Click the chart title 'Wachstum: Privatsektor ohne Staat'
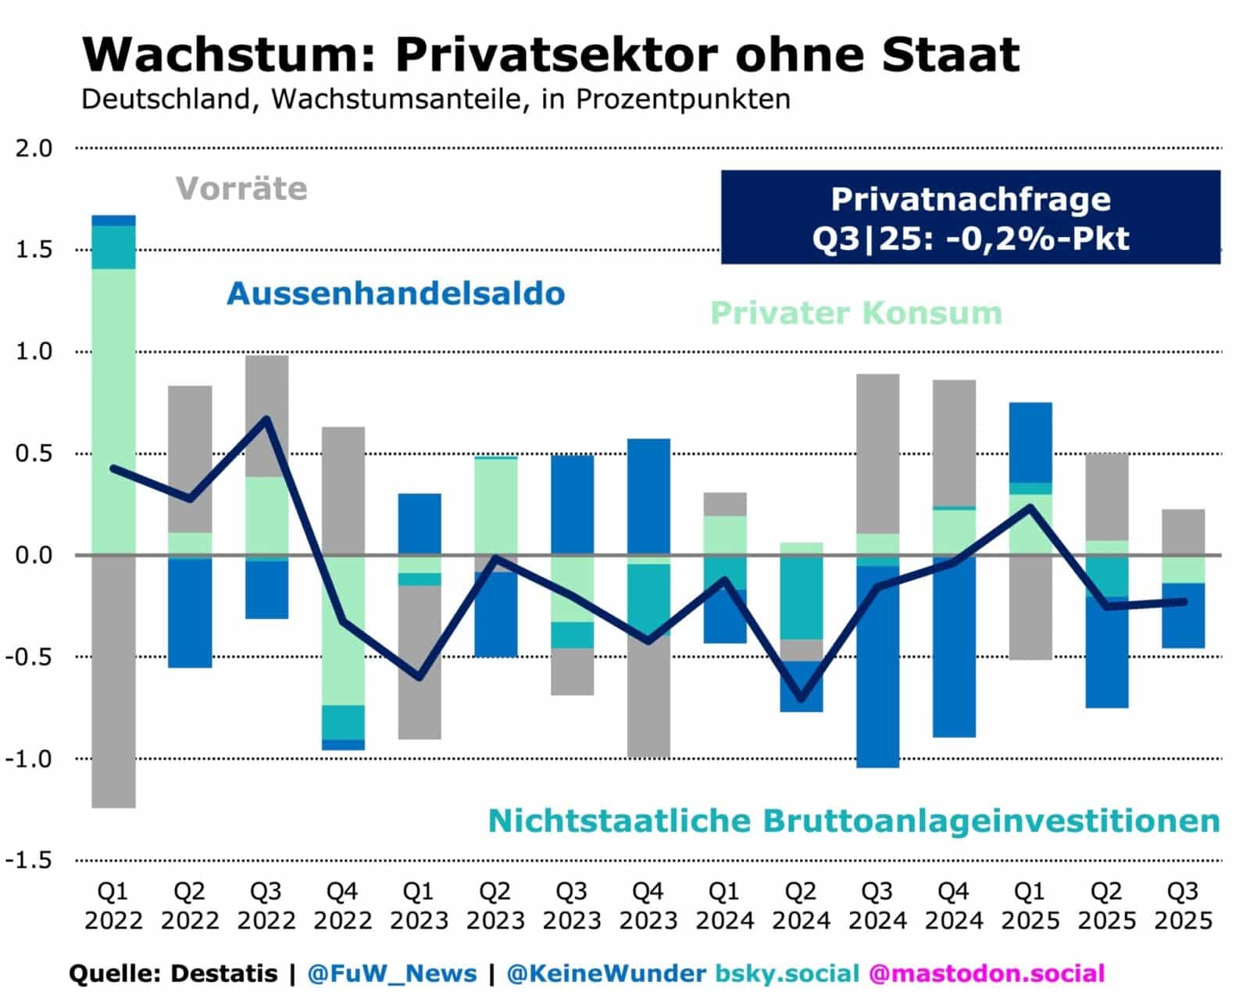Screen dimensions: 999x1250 (550, 55)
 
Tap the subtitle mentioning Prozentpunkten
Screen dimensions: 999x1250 (435, 100)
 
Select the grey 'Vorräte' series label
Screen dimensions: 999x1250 (241, 188)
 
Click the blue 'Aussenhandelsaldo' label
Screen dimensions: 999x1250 (395, 294)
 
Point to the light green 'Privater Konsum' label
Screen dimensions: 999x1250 (855, 313)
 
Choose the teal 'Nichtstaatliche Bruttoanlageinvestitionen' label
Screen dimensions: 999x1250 (853, 821)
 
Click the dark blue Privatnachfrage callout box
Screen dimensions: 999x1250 (970, 217)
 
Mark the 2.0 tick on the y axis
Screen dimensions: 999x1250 (34, 149)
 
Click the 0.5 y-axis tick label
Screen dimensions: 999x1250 (34, 454)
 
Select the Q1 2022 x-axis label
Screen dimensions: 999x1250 (113, 905)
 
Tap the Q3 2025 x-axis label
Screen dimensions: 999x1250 (1183, 905)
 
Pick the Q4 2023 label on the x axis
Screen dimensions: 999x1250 (648, 905)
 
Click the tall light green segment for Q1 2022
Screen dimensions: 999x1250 (113, 411)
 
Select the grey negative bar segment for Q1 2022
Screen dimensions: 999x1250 (113, 681)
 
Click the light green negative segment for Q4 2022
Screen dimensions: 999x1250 (343, 630)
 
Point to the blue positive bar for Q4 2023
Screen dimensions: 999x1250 (648, 496)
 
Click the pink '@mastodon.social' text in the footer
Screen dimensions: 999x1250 (986, 973)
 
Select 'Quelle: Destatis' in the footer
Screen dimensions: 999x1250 (173, 973)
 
